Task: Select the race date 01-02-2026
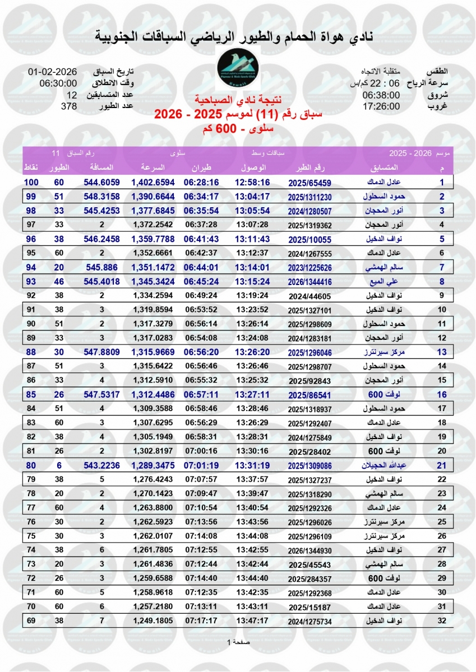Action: pyautogui.click(x=52, y=72)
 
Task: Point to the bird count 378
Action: pyautogui.click(x=69, y=106)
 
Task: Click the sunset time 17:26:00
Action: pyautogui.click(x=381, y=106)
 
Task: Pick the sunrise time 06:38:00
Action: pyautogui.click(x=381, y=95)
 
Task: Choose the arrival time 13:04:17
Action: pyautogui.click(x=252, y=197)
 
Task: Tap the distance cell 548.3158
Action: pyautogui.click(x=101, y=197)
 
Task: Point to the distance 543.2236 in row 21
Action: pyautogui.click(x=101, y=465)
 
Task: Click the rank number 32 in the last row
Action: pyautogui.click(x=442, y=620)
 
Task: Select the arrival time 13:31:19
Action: pyautogui.click(x=252, y=465)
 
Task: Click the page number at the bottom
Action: pyautogui.click(x=238, y=642)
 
